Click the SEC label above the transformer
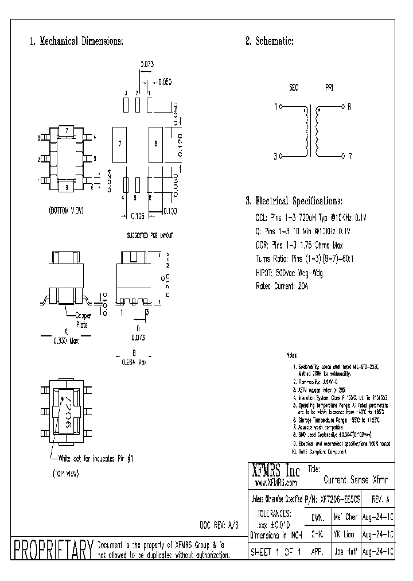point(293,88)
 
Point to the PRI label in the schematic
point(329,88)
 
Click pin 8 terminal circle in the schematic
point(342,107)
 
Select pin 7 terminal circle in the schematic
point(342,156)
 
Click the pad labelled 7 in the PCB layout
point(120,143)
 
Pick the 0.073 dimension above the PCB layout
point(147,65)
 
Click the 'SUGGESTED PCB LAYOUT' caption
point(150,235)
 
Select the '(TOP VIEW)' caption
point(61,474)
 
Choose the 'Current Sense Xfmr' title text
point(356,479)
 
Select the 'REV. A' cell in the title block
point(380,499)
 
